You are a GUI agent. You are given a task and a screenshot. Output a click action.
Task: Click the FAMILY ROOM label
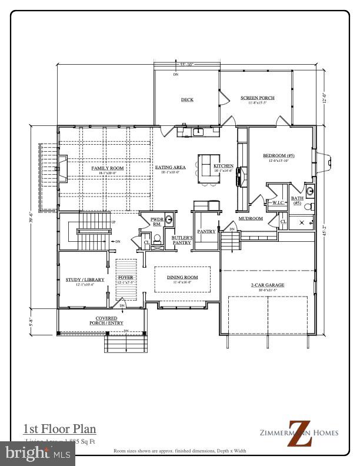click(107, 168)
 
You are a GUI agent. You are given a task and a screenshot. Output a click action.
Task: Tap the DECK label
click(187, 99)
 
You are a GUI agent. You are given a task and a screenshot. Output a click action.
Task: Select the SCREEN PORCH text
click(258, 98)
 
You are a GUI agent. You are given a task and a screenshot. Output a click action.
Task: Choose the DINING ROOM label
click(182, 277)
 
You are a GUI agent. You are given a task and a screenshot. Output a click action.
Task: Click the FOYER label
click(126, 277)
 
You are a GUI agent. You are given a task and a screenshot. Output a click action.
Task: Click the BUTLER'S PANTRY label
click(181, 240)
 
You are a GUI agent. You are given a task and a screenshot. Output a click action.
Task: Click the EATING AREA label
click(170, 168)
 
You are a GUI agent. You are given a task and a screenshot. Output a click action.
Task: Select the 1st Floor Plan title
click(59, 429)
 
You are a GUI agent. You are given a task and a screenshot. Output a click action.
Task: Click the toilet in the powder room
click(156, 239)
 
